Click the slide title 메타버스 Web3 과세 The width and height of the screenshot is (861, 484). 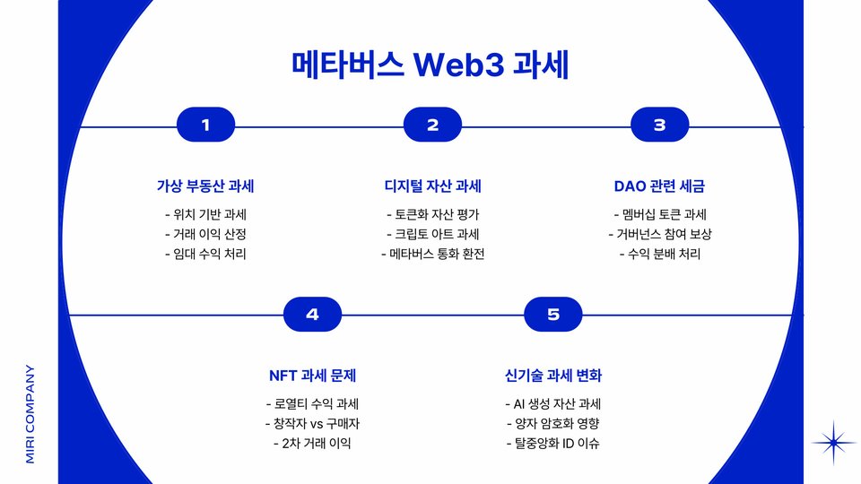430,66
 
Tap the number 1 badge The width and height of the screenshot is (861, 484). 206,125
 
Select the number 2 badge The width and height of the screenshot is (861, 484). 432,125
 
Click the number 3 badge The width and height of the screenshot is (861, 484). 659,125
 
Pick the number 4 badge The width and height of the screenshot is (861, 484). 312,314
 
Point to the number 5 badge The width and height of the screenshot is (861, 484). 552,314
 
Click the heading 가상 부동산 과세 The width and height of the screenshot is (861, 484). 205,186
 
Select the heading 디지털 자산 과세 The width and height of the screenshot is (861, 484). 432,186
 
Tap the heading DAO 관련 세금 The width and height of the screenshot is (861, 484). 659,186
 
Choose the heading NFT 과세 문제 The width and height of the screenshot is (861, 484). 312,375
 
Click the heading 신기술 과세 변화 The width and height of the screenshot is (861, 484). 552,375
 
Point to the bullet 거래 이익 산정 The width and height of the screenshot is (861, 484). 205,234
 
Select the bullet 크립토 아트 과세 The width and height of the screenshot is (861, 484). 432,234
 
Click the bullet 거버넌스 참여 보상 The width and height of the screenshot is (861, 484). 659,234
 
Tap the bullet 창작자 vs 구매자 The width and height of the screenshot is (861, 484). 312,423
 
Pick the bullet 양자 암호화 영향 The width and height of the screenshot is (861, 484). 552,423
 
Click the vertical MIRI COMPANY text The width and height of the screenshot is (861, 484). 30,413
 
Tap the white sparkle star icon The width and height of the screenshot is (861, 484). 834,442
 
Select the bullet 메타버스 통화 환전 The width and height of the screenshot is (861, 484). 432,254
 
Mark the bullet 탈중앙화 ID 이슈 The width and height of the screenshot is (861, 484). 552,443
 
